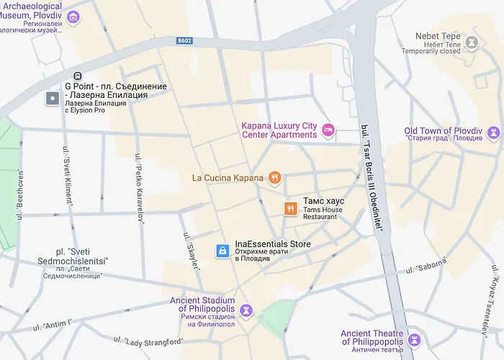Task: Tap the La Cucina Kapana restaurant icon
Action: click(x=274, y=178)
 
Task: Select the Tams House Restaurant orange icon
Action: click(x=289, y=209)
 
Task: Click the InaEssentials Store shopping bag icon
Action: click(x=223, y=251)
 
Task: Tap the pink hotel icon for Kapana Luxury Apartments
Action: click(x=328, y=130)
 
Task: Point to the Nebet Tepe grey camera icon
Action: click(x=472, y=42)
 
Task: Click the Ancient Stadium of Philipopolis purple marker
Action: click(x=246, y=310)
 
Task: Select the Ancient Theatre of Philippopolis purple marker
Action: click(x=414, y=340)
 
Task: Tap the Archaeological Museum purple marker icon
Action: click(x=73, y=17)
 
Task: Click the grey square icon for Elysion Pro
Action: click(x=53, y=99)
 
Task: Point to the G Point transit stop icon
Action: click(x=77, y=76)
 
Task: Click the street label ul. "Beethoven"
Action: click(x=19, y=188)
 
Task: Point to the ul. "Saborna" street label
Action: click(x=426, y=266)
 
